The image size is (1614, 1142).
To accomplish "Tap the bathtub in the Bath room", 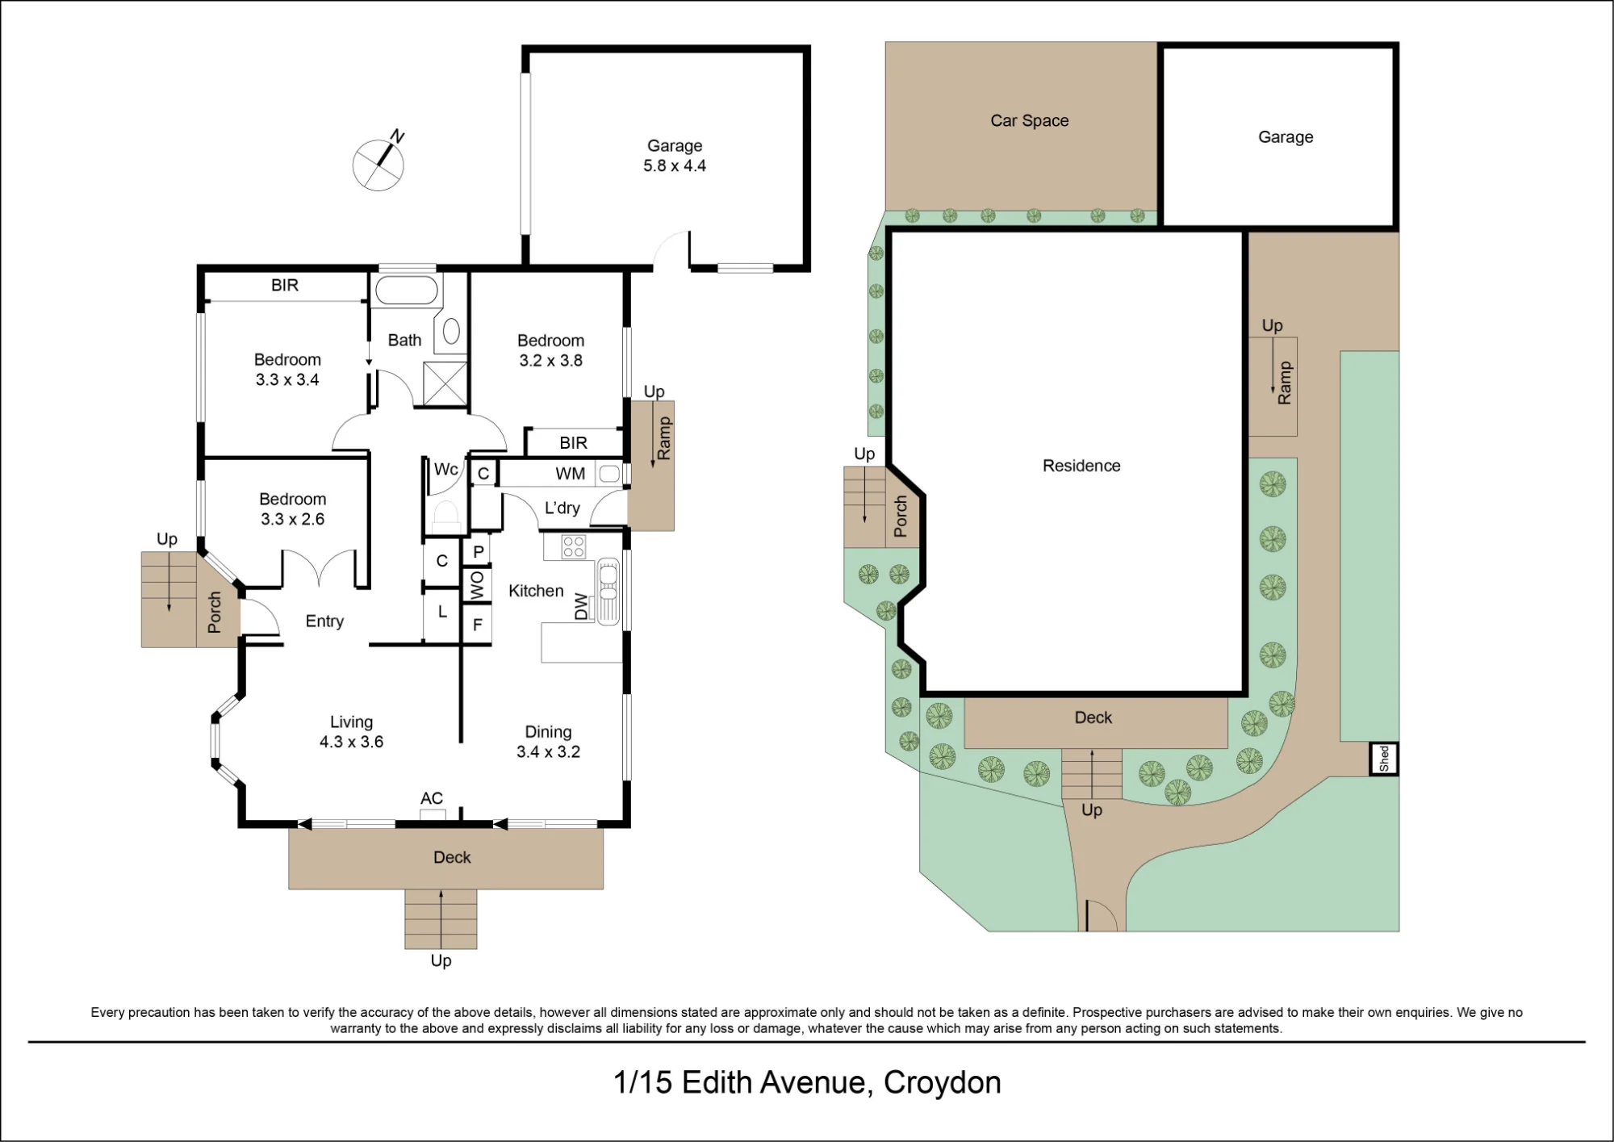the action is point(407,290).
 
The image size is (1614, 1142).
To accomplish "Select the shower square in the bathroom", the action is point(445,383).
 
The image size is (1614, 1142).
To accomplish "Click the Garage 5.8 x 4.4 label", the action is point(675,156).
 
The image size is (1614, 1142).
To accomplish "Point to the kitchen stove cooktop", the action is point(573,547).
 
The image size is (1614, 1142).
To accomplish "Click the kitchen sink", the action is point(608,592).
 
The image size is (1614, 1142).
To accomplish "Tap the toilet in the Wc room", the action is point(445,515).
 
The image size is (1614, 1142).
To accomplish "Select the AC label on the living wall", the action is point(432,798).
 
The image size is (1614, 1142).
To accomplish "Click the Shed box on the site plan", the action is point(1384,759).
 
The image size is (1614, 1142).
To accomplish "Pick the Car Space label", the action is point(1030,121).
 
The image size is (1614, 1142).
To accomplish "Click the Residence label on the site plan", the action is point(1081,466).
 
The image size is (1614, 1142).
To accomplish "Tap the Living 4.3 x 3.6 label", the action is point(351,732).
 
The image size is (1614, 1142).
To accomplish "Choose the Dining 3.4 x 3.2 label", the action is point(548,742).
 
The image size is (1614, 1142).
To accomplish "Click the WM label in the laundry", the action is point(571,474).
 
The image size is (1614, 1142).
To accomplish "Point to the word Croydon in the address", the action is point(942,1082).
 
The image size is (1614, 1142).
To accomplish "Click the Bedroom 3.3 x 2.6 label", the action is point(292,509).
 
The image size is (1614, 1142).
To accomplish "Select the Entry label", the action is point(324,621).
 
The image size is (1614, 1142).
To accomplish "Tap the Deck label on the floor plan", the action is point(452,857).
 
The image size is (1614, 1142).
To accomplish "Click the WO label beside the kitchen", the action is point(477,587).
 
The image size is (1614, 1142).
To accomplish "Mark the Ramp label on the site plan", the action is point(1285,383).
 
